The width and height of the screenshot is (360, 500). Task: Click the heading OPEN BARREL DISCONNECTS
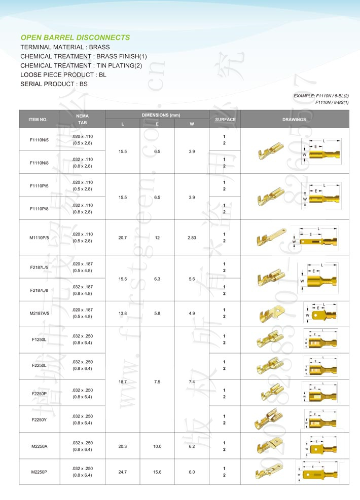click(75, 37)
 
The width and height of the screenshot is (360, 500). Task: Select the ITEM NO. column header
click(38, 120)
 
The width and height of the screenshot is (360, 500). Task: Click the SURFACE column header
click(225, 120)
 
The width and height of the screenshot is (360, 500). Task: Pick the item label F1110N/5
click(39, 139)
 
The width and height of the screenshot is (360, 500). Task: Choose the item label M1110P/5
click(39, 237)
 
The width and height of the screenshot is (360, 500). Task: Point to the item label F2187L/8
click(39, 290)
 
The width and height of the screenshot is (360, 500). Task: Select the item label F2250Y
click(39, 419)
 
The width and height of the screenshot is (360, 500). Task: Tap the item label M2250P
click(39, 472)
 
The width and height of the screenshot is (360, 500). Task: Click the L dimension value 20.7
click(122, 237)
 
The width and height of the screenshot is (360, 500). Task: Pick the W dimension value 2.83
click(192, 237)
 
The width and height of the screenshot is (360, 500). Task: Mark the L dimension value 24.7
click(122, 472)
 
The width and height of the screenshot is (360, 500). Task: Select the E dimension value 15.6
click(157, 472)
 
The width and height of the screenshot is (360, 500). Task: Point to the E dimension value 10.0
click(157, 446)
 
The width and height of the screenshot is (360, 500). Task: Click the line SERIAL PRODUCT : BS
click(54, 84)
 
